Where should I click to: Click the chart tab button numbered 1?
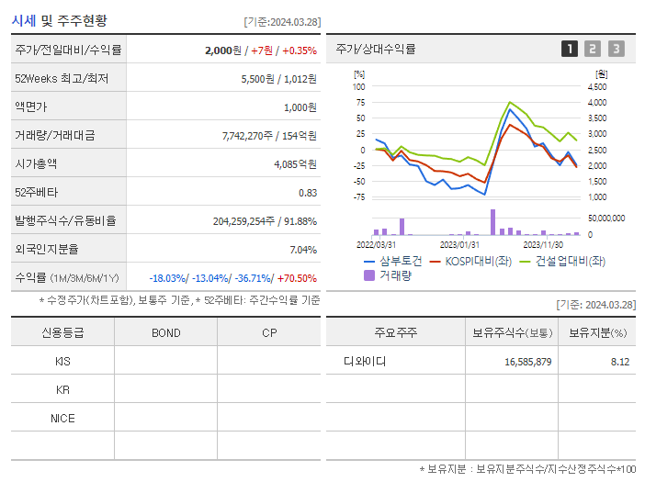click(570, 49)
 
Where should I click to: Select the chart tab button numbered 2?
click(593, 49)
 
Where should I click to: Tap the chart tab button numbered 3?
click(616, 49)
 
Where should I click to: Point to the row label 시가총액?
click(36, 163)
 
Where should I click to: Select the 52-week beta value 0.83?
click(307, 193)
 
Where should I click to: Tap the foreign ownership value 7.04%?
click(302, 250)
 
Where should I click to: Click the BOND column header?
click(165, 332)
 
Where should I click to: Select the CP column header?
click(269, 332)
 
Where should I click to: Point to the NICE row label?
click(62, 419)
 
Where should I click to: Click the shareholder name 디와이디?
click(365, 362)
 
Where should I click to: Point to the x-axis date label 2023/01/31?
click(459, 244)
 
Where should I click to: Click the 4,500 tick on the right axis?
click(596, 87)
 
